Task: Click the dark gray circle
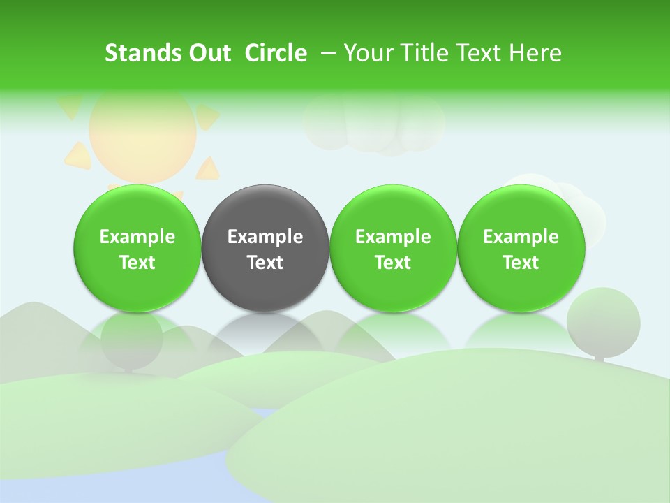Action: click(265, 248)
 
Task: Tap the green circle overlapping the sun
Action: click(137, 248)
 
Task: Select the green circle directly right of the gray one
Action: click(393, 248)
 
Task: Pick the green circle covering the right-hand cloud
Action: click(521, 248)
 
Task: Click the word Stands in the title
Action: click(142, 53)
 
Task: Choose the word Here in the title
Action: click(535, 53)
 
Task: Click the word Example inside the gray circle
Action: click(265, 237)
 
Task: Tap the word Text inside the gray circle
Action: click(265, 263)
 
